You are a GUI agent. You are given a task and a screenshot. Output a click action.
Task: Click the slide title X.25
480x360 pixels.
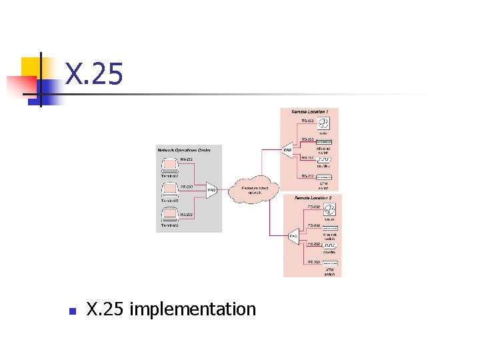point(94,74)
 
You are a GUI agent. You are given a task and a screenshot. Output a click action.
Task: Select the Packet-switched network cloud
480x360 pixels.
point(250,190)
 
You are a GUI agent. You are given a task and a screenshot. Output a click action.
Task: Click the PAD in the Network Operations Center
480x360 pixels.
point(211,191)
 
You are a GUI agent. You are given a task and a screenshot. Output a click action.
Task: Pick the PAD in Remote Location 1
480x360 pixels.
point(288,151)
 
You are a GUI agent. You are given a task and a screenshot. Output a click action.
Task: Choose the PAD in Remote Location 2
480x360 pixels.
point(293,235)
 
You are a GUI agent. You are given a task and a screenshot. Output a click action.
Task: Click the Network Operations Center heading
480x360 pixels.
point(184,151)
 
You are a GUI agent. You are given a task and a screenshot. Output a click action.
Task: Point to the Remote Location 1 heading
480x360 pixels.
point(310,111)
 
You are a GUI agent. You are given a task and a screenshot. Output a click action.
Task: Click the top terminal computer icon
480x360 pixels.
point(168,164)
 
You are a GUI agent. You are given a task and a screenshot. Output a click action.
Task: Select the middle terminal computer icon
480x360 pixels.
point(168,189)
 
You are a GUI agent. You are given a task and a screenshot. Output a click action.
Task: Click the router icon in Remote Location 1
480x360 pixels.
point(324,123)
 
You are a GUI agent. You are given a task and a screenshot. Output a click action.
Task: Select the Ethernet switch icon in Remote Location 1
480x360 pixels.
point(324,142)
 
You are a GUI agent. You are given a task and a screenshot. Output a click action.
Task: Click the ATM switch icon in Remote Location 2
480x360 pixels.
point(329,265)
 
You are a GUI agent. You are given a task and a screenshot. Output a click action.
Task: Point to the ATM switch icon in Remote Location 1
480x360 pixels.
point(324,177)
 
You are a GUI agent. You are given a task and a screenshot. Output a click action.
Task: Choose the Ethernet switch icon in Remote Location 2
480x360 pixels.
point(329,229)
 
